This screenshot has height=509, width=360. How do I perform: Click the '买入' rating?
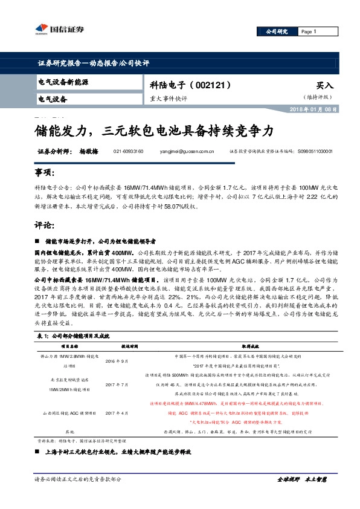(x=324, y=86)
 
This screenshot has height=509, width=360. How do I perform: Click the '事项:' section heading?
(x=45, y=172)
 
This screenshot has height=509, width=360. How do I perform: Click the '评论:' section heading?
(x=45, y=225)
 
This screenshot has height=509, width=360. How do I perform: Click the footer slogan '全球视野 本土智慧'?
(x=301, y=496)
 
